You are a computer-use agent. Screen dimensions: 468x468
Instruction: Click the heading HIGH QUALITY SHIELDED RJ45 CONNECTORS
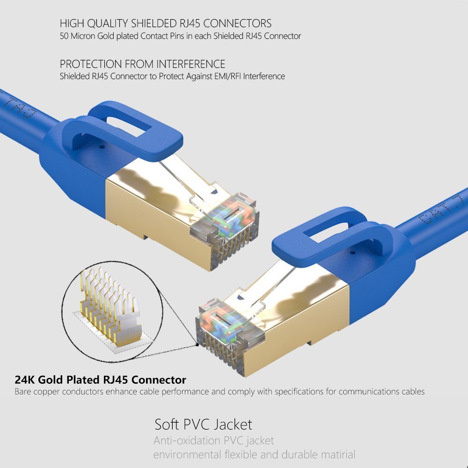click(x=166, y=23)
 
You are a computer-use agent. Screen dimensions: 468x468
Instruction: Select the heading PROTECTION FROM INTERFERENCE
click(x=142, y=64)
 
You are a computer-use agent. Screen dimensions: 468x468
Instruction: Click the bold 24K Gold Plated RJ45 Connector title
click(x=100, y=380)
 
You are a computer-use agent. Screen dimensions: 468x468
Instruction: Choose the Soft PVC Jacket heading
click(x=203, y=424)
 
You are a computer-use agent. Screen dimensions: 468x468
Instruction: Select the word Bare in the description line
click(x=23, y=391)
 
